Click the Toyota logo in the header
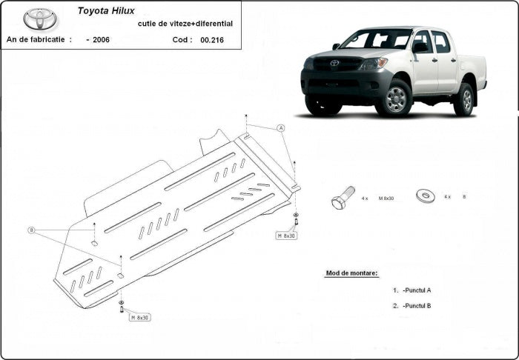[x=40, y=19]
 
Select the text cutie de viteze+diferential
[x=185, y=24]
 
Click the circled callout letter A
[x=281, y=128]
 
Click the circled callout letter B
[x=31, y=230]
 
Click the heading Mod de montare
[x=351, y=273]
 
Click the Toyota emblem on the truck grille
[x=334, y=63]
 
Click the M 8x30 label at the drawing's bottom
[x=139, y=317]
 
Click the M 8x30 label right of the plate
[x=286, y=236]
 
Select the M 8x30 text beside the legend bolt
[x=386, y=198]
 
